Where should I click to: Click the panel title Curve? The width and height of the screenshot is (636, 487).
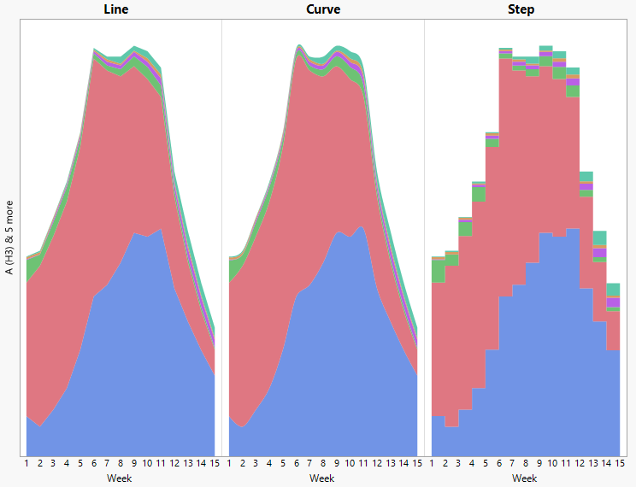tap(322, 9)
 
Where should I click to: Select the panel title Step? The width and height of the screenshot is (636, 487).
tap(521, 9)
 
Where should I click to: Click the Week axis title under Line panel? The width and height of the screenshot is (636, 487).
tap(120, 478)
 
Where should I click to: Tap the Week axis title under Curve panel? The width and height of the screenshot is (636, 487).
tap(322, 478)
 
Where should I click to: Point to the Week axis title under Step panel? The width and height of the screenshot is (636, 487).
tap(524, 478)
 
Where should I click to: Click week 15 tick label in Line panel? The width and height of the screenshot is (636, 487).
tap(214, 464)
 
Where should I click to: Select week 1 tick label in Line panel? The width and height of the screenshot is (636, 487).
tap(26, 464)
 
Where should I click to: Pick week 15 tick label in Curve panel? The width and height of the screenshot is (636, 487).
tap(416, 464)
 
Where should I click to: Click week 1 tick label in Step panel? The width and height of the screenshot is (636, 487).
tap(432, 464)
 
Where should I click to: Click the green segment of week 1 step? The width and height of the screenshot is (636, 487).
tap(439, 271)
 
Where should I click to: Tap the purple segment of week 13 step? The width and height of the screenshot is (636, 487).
tap(599, 253)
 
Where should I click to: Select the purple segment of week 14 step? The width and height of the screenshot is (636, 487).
tap(613, 302)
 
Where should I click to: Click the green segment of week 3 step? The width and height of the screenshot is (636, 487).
tap(465, 228)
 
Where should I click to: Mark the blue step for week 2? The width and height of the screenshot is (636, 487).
tap(451, 441)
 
